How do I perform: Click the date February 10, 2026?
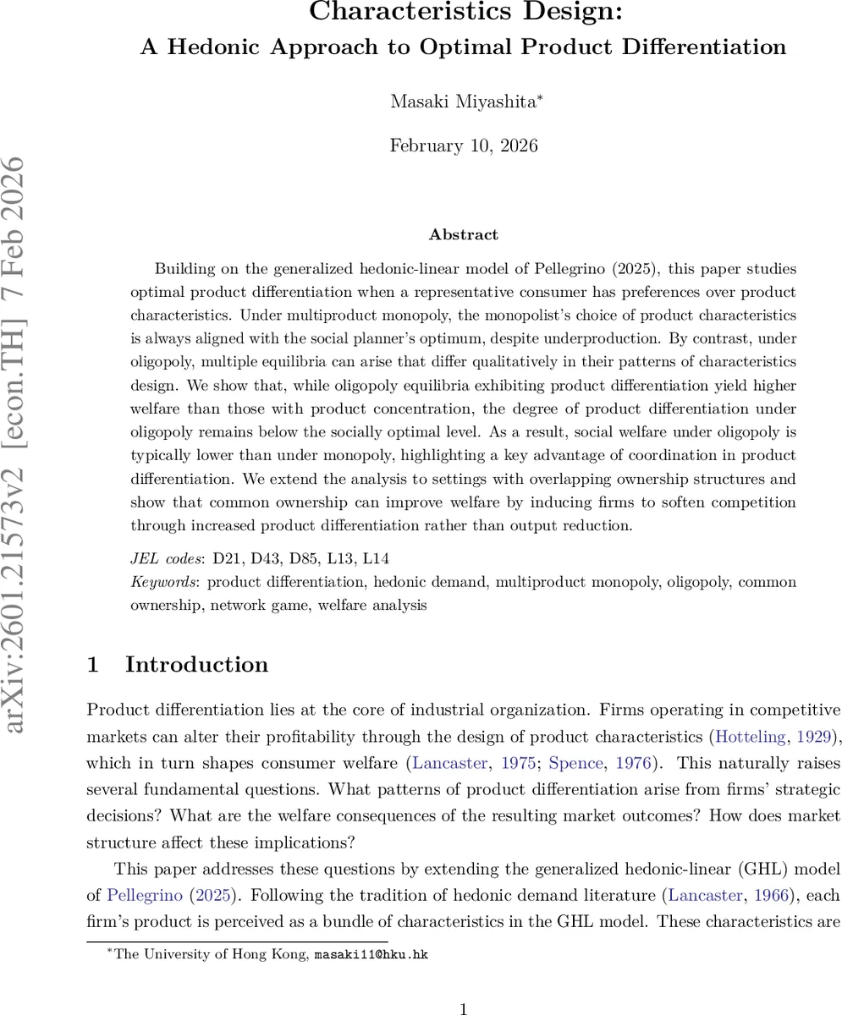click(463, 145)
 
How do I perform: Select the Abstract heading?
click(463, 235)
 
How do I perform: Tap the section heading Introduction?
click(196, 665)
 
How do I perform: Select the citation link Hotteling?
click(751, 737)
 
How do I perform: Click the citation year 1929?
click(814, 737)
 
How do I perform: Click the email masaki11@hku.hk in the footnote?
click(371, 955)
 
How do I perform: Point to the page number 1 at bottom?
click(463, 1008)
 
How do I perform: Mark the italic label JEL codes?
click(166, 558)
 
